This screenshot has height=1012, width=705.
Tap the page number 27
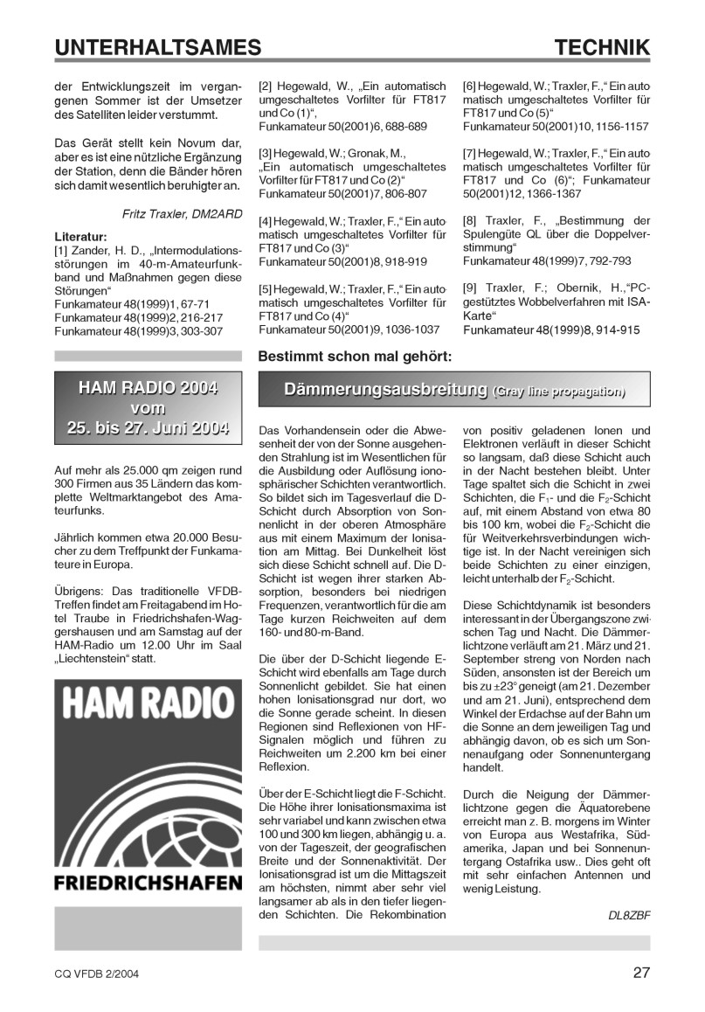tap(641, 973)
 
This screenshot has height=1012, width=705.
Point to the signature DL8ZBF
tap(629, 915)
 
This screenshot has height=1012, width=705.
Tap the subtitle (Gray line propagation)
tap(559, 392)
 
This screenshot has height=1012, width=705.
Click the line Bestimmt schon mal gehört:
tap(355, 357)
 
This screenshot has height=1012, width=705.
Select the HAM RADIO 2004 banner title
tap(148, 387)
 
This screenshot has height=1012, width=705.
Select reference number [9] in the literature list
tap(470, 286)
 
